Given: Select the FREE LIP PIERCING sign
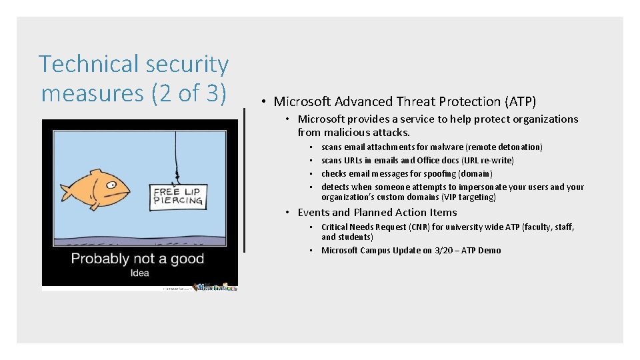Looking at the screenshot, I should [177, 197].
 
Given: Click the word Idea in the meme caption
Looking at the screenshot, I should [140, 273].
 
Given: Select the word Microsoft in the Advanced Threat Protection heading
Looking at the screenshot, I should [302, 102].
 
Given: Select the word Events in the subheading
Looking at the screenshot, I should [313, 213].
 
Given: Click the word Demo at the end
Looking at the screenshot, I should [489, 251].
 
